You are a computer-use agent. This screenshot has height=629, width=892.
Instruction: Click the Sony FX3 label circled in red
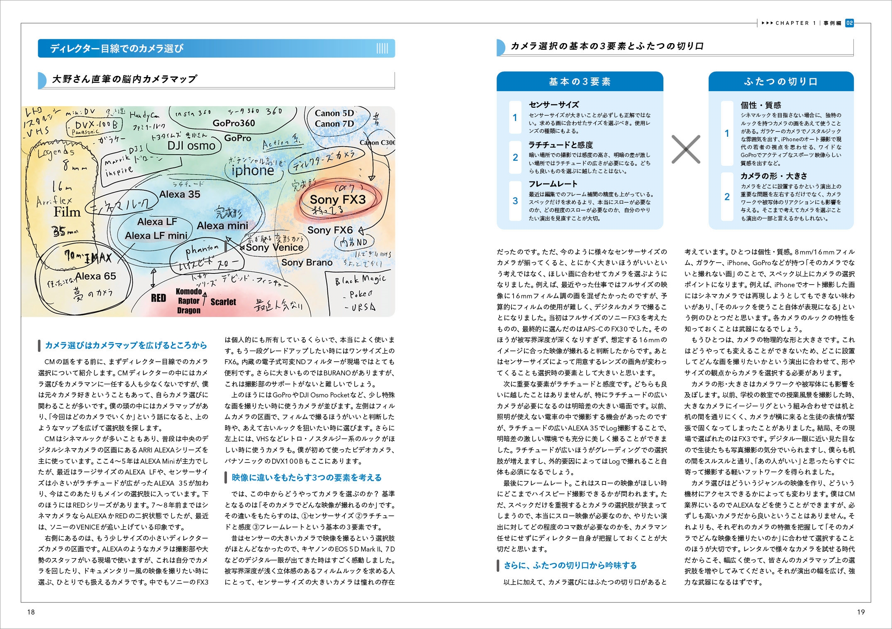[338, 200]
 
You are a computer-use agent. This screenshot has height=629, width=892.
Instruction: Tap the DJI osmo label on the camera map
[191, 145]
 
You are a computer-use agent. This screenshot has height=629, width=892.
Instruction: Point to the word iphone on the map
[253, 170]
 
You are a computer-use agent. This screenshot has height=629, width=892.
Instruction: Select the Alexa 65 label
[96, 276]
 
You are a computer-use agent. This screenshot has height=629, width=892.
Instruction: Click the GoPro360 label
[234, 123]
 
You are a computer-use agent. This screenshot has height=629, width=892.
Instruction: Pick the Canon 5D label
[334, 113]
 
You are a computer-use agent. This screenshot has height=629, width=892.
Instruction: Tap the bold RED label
[158, 298]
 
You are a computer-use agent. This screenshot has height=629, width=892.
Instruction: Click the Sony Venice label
[274, 247]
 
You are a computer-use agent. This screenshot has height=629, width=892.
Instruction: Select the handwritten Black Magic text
[360, 280]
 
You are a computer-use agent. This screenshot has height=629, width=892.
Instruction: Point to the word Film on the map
[67, 212]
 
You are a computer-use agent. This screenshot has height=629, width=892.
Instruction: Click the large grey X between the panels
[685, 149]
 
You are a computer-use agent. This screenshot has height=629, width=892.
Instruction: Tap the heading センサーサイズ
[553, 105]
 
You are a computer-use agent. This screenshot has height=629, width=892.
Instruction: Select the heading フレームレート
[553, 184]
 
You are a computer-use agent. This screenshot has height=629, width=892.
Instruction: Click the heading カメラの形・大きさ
[774, 176]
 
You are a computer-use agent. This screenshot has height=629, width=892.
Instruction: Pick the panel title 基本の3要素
[580, 82]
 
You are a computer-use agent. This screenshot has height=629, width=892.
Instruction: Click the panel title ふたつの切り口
[780, 82]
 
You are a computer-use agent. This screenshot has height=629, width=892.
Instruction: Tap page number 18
[31, 612]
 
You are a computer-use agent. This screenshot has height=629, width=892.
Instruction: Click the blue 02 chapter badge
[849, 23]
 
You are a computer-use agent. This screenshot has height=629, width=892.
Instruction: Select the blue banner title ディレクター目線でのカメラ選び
[117, 48]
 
